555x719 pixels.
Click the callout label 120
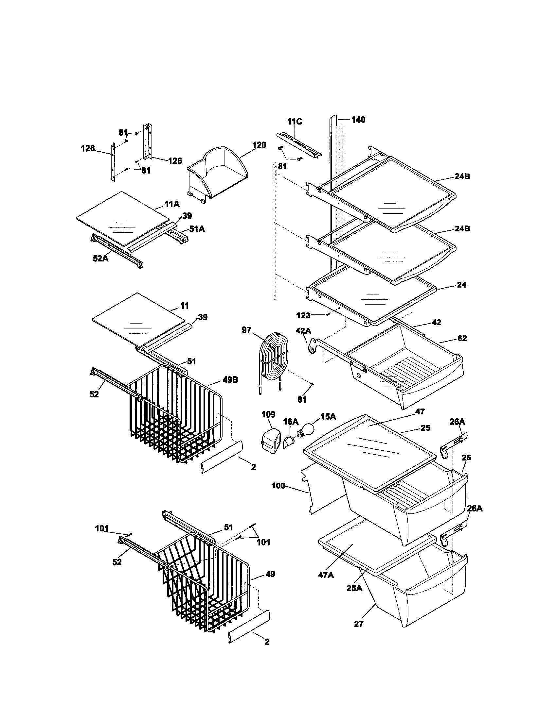(259, 145)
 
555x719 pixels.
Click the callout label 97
(246, 330)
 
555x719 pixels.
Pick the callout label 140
(358, 120)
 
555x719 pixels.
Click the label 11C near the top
(294, 122)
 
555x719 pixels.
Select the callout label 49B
(230, 380)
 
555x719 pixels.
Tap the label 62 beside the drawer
(462, 339)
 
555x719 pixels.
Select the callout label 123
(303, 315)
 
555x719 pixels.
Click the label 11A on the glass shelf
(172, 205)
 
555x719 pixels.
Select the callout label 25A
(354, 588)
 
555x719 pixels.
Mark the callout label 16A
(291, 421)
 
